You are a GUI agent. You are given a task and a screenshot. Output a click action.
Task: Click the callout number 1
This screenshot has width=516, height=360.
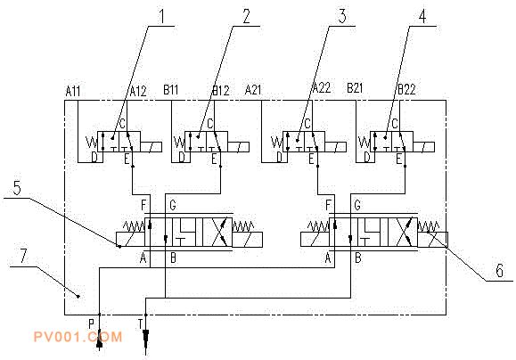[161, 16]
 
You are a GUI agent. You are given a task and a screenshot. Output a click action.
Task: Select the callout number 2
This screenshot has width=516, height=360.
[247, 16]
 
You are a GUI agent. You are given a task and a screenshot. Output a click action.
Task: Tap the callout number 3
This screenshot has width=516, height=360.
[342, 16]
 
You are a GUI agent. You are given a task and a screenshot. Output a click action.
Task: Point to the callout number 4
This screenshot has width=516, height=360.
[422, 16]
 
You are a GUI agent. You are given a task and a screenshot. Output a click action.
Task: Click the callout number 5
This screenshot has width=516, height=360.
[17, 188]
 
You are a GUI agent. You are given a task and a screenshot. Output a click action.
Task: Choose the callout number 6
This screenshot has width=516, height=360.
[500, 271]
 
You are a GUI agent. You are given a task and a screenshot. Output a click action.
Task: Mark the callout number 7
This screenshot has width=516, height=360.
[22, 256]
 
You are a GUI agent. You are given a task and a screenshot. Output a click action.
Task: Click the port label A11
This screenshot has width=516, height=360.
[73, 91]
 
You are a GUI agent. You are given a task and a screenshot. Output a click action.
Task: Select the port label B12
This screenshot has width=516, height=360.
[221, 90]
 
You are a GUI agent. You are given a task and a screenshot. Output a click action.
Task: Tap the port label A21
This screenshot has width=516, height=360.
[253, 89]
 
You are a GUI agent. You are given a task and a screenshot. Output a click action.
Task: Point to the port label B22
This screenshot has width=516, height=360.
[406, 89]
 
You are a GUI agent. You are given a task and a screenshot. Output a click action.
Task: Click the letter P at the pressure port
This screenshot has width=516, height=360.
[92, 324]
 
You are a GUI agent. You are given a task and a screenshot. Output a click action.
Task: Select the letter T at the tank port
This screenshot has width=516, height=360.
[141, 324]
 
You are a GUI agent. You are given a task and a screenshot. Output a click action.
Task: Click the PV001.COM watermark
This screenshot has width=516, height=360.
[78, 337]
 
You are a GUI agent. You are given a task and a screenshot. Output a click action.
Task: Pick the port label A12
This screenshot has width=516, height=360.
[138, 91]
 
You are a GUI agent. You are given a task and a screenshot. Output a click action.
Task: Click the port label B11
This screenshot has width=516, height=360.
[171, 89]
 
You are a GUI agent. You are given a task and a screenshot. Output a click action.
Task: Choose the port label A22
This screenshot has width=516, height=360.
[321, 88]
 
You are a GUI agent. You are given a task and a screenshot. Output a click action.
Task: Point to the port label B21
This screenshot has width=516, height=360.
[355, 88]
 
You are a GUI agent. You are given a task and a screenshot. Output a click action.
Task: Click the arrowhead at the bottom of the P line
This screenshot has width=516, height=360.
[100, 344]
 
